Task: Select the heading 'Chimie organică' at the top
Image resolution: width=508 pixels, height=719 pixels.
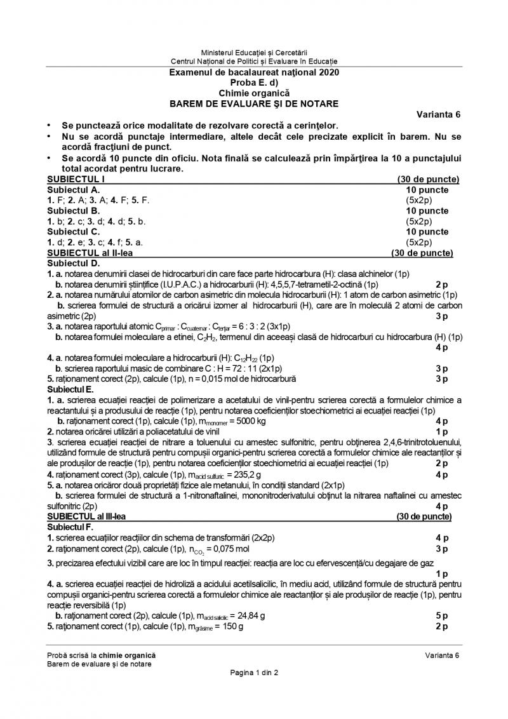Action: click(x=254, y=93)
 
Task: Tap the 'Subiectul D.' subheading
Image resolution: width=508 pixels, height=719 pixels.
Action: click(x=74, y=263)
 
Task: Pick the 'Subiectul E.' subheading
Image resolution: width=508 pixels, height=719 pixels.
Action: click(x=73, y=389)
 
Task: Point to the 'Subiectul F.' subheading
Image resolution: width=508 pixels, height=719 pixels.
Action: click(x=72, y=527)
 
